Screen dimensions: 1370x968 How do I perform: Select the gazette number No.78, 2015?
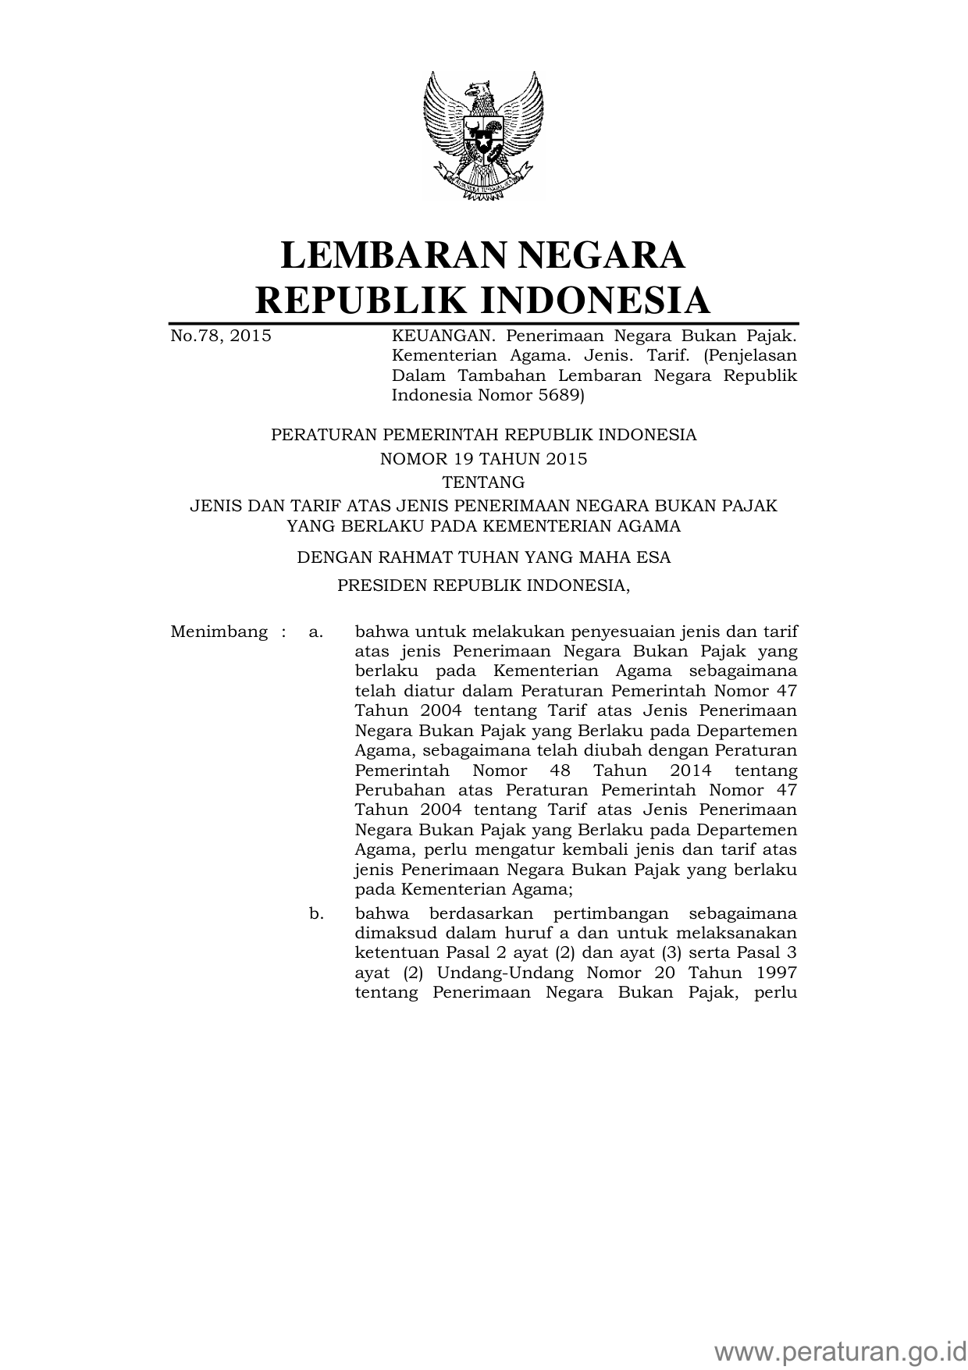tap(221, 336)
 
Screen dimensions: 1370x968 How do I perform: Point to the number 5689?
tap(556, 395)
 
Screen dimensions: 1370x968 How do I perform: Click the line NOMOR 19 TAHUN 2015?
tap(483, 459)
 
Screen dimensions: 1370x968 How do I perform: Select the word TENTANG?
tap(483, 482)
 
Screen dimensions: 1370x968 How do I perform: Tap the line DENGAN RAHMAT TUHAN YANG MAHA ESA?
tap(483, 557)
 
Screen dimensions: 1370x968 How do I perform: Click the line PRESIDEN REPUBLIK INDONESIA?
tap(483, 585)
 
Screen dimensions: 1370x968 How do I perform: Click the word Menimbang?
tap(219, 632)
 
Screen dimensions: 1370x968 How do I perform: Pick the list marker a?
tap(315, 632)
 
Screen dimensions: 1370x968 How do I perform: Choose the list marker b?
tap(316, 913)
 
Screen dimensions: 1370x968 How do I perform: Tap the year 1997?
tap(776, 973)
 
